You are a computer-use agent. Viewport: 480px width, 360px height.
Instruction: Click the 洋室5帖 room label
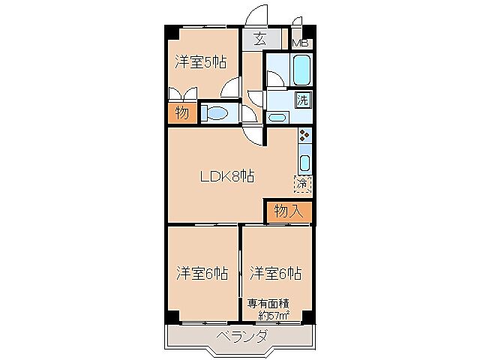[202, 61]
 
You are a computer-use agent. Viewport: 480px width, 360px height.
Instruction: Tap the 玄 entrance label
[259, 40]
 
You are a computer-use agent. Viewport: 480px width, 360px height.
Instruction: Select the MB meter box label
[300, 43]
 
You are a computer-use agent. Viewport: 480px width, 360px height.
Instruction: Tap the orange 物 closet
[182, 113]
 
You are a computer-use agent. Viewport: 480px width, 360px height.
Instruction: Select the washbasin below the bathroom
[277, 116]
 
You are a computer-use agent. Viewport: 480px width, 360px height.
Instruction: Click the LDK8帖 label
[226, 177]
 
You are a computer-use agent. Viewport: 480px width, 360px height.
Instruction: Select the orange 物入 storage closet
[288, 211]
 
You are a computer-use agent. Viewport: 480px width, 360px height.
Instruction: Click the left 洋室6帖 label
[202, 272]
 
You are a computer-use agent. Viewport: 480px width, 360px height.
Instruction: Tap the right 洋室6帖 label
[275, 272]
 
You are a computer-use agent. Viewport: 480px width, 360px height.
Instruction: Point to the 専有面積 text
[268, 304]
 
